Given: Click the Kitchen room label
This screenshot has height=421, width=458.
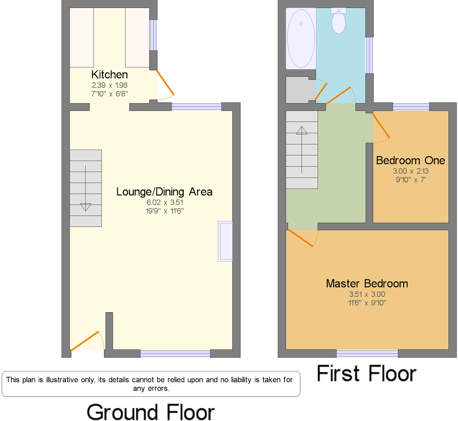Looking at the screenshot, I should pos(109,75).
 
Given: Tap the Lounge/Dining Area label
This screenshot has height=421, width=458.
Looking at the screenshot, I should pos(164,192).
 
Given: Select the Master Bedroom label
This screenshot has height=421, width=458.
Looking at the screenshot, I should pos(367,284).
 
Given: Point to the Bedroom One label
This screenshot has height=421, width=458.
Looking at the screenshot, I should pos(410,160).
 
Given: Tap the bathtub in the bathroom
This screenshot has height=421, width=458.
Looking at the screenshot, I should pos(301,38).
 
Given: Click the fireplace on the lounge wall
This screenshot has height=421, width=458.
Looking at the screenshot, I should pos(225,241).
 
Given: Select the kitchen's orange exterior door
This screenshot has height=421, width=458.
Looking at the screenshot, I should pos(165,83).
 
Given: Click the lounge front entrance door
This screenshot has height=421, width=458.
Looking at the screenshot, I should pos(85,341).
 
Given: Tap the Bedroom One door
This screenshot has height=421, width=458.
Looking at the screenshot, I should pos(381,126).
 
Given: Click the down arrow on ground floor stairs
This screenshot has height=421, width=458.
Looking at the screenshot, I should pos(85,206).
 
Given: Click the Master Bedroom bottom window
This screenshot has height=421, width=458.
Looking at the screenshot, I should pos(367,354).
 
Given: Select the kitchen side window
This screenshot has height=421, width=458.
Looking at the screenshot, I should pos(153,35).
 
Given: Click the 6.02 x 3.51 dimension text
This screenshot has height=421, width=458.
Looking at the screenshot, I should pos(165,202).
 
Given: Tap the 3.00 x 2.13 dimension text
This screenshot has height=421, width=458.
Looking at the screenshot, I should pos(410,171).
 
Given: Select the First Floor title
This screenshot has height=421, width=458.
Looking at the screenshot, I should pos(367,373).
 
